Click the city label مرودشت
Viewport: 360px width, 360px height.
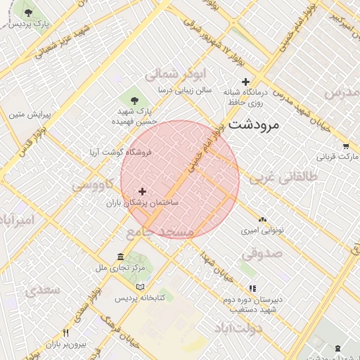[x=255, y=125]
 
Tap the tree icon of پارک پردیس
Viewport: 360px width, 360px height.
[x=28, y=13]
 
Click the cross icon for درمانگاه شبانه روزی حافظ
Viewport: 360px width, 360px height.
[x=245, y=82]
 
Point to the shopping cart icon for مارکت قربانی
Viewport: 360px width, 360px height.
[x=346, y=146]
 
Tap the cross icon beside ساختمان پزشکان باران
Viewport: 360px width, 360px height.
[x=143, y=191]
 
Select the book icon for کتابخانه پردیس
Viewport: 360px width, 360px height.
[x=140, y=287]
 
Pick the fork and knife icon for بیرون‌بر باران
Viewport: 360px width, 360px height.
[x=66, y=333]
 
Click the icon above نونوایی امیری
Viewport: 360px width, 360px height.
[x=262, y=219]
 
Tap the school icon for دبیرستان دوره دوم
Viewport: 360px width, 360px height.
[x=252, y=288]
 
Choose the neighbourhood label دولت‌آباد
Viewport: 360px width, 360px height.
[x=240, y=328]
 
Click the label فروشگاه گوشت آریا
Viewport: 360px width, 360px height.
[x=120, y=152]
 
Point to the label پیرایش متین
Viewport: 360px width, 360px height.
[x=27, y=113]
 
